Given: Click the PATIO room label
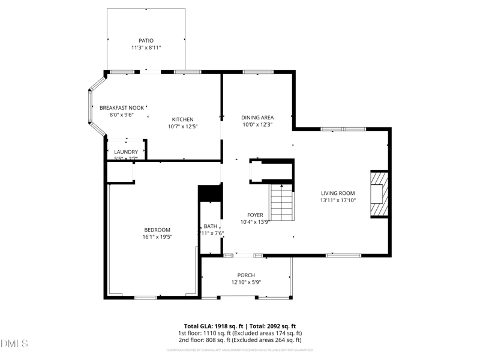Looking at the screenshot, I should click(x=146, y=40).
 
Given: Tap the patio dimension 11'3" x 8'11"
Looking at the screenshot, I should click(x=146, y=47).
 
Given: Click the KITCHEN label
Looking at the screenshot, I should click(x=182, y=119).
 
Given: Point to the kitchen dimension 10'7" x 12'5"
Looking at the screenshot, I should click(x=182, y=127).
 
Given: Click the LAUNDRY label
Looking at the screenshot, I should click(x=126, y=152).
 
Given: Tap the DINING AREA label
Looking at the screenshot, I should click(x=257, y=118).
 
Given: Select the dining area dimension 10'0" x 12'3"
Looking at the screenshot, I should click(x=257, y=125).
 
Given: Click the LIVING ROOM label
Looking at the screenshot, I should click(x=338, y=193).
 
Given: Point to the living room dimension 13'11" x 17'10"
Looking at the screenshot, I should click(x=338, y=200).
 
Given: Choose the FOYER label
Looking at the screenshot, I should click(x=255, y=214).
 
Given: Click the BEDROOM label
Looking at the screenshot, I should click(x=157, y=230).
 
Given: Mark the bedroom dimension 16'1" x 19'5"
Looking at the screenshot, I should click(x=157, y=237).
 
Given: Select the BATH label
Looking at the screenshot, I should click(x=210, y=226).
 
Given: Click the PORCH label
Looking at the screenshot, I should click(x=246, y=275).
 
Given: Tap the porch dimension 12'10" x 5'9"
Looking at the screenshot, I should click(x=246, y=283).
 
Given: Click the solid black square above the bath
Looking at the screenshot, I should click(x=210, y=193).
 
